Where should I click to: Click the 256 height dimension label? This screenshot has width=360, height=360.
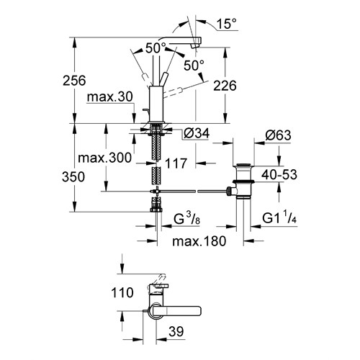pos(74,81)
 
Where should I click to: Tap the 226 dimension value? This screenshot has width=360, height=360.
pos(225,86)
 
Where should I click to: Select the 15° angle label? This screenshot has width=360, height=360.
pos(227,24)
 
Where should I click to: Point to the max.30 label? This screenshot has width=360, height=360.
pos(110,97)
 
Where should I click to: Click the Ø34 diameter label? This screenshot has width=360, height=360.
pos(197,133)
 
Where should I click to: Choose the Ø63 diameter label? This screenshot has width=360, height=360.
pos(278,135)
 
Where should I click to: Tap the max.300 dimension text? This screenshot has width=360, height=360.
pos(105,158)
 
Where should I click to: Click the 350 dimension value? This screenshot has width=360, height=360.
pos(73,177)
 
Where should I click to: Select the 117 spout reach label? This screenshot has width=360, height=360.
pos(176,163)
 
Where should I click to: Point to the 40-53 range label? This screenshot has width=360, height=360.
pos(279,174)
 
